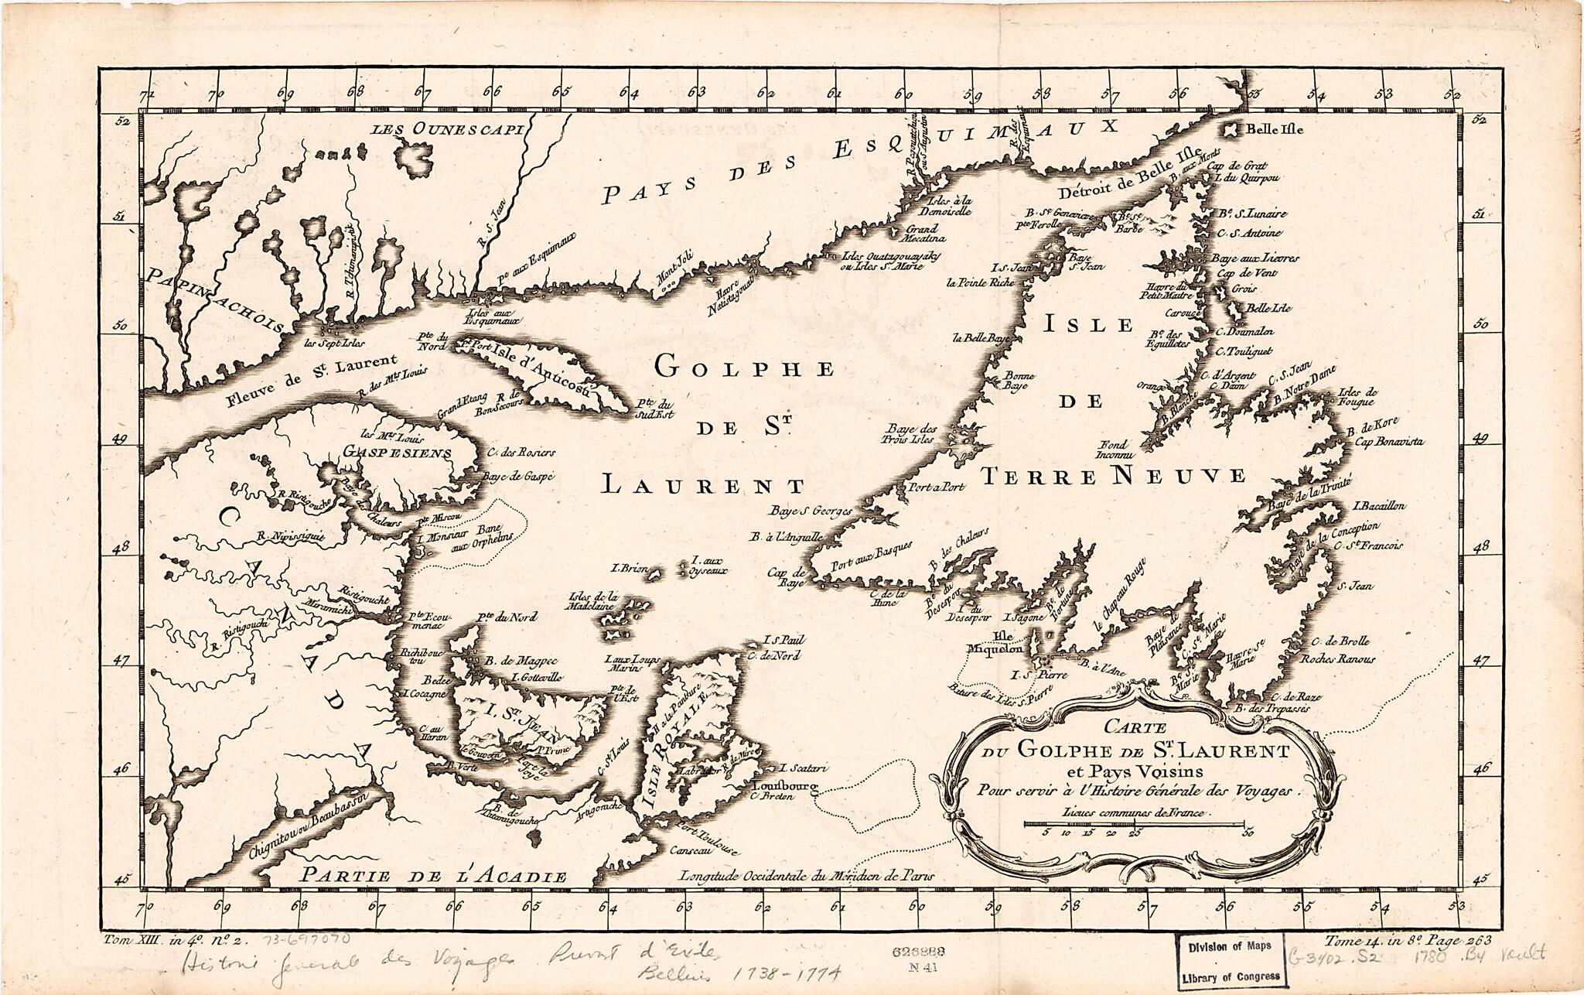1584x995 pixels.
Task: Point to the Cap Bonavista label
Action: [x=1388, y=442]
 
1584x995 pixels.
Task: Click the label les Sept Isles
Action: [x=334, y=343]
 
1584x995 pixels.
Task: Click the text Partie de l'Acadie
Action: [x=433, y=876]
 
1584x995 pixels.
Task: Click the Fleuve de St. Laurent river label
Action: [x=312, y=379]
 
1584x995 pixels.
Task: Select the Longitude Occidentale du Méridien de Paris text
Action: [x=807, y=877]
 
